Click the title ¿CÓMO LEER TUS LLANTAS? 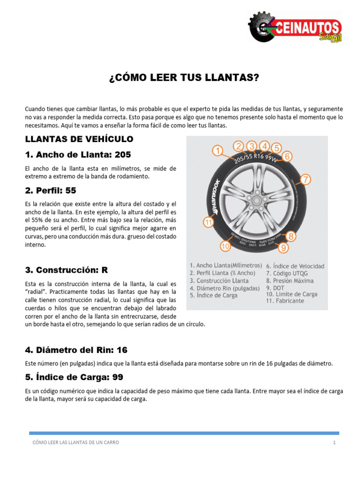184,77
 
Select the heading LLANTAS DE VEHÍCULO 79,139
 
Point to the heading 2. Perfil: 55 51,190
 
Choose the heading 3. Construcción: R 67,270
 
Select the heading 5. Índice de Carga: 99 74,377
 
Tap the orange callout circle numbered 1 217,150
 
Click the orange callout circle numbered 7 305,179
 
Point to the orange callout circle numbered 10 225,246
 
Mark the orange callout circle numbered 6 288,156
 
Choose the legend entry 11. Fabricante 285,301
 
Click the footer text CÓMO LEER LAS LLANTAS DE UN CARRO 75,442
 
